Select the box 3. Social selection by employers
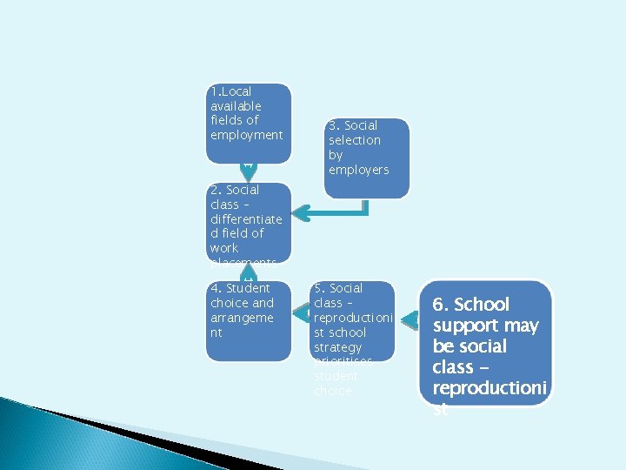367,157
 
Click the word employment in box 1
247,135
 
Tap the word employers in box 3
358,170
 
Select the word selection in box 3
354,140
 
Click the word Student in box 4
248,288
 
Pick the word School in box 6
483,305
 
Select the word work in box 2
223,248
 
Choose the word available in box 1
236,106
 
